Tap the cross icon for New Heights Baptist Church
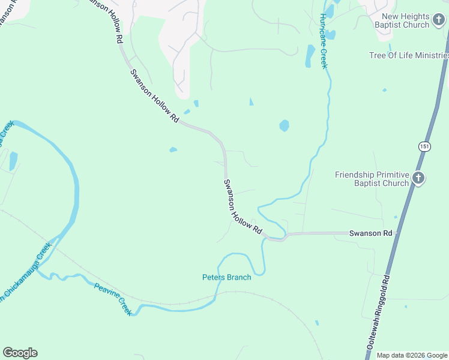click(x=438, y=20)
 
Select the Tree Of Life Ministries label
click(x=408, y=56)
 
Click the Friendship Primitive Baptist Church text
click(x=372, y=179)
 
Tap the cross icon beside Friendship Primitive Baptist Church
click(x=418, y=178)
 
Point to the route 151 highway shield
click(x=424, y=146)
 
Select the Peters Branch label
click(x=226, y=277)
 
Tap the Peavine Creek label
click(x=112, y=298)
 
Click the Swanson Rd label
click(x=370, y=232)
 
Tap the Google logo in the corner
click(x=20, y=353)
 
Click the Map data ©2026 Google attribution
click(x=412, y=355)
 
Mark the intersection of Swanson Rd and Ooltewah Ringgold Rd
click(x=398, y=232)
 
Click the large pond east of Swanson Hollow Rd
click(x=284, y=125)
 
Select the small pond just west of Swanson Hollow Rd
click(x=173, y=149)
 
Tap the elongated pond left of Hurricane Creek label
click(x=310, y=56)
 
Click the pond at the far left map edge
click(x=13, y=160)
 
